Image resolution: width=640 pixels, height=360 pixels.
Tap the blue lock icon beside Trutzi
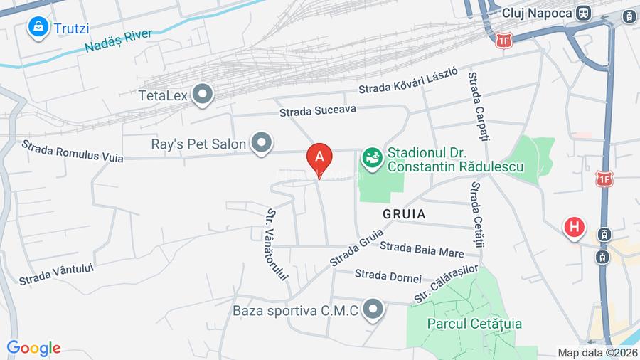point(37,28)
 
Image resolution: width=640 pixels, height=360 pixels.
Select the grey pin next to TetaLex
point(203,94)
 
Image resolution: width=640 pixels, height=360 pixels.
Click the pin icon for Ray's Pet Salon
point(262,144)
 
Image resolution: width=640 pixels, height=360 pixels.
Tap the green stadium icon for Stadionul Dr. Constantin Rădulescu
point(370,155)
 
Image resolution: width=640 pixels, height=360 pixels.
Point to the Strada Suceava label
point(317,110)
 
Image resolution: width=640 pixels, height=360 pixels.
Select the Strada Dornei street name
point(388,275)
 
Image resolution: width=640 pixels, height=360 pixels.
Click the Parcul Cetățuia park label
point(474,324)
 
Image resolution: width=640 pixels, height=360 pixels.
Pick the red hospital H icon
point(575,228)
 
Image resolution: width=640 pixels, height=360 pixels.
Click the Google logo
point(33,348)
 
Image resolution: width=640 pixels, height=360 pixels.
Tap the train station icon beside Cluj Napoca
point(584,13)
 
